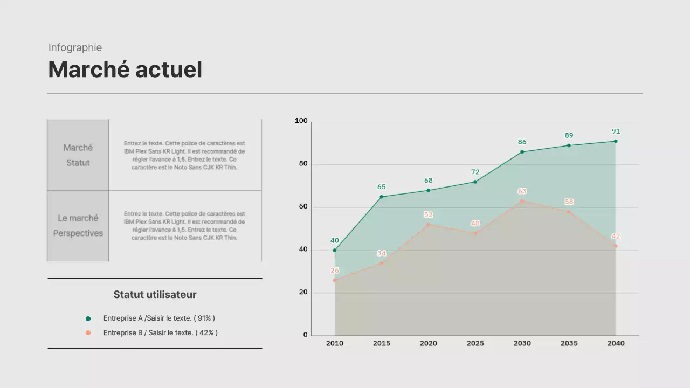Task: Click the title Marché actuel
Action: tap(125, 70)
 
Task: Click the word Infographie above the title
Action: tap(75, 47)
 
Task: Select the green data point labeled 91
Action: tap(616, 141)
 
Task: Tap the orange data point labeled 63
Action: tap(522, 201)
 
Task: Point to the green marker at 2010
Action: tap(335, 250)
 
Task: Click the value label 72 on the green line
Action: tap(475, 172)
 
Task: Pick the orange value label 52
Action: tap(428, 214)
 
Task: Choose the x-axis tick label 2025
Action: tap(475, 343)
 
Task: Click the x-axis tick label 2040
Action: tap(616, 343)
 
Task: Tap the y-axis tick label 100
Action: tap(301, 121)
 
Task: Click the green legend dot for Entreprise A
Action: tap(88, 318)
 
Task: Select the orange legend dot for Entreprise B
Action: tap(88, 333)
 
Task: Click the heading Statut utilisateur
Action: tap(155, 295)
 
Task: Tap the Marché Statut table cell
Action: tap(78, 155)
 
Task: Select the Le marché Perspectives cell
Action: tap(78, 226)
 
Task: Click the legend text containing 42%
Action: tap(160, 333)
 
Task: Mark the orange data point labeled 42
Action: tap(616, 246)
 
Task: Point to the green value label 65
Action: tap(381, 187)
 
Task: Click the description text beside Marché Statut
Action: tap(184, 155)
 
